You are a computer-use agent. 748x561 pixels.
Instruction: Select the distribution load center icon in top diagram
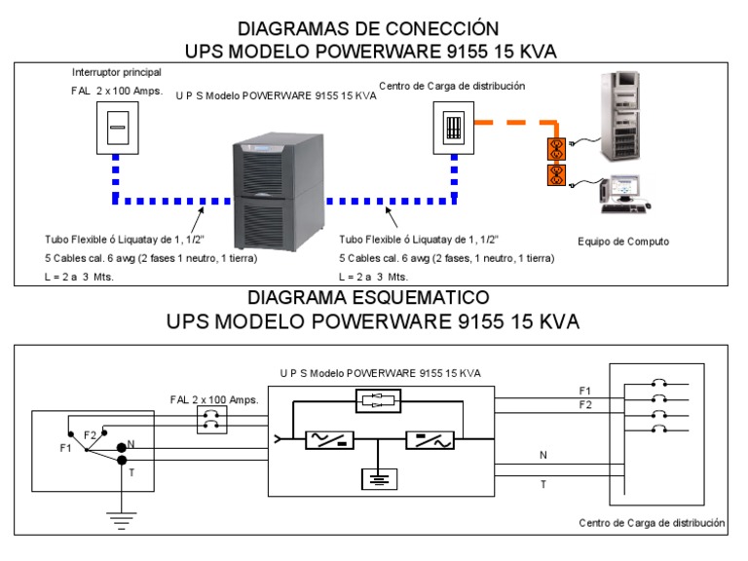(x=453, y=126)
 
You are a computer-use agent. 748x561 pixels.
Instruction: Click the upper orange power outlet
(x=557, y=148)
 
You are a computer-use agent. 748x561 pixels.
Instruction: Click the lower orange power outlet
(x=557, y=176)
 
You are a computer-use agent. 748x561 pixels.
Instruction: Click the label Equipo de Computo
(x=617, y=242)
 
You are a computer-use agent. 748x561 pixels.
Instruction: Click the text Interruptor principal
(x=117, y=73)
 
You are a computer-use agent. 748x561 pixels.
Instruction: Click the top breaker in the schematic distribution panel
(x=659, y=385)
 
